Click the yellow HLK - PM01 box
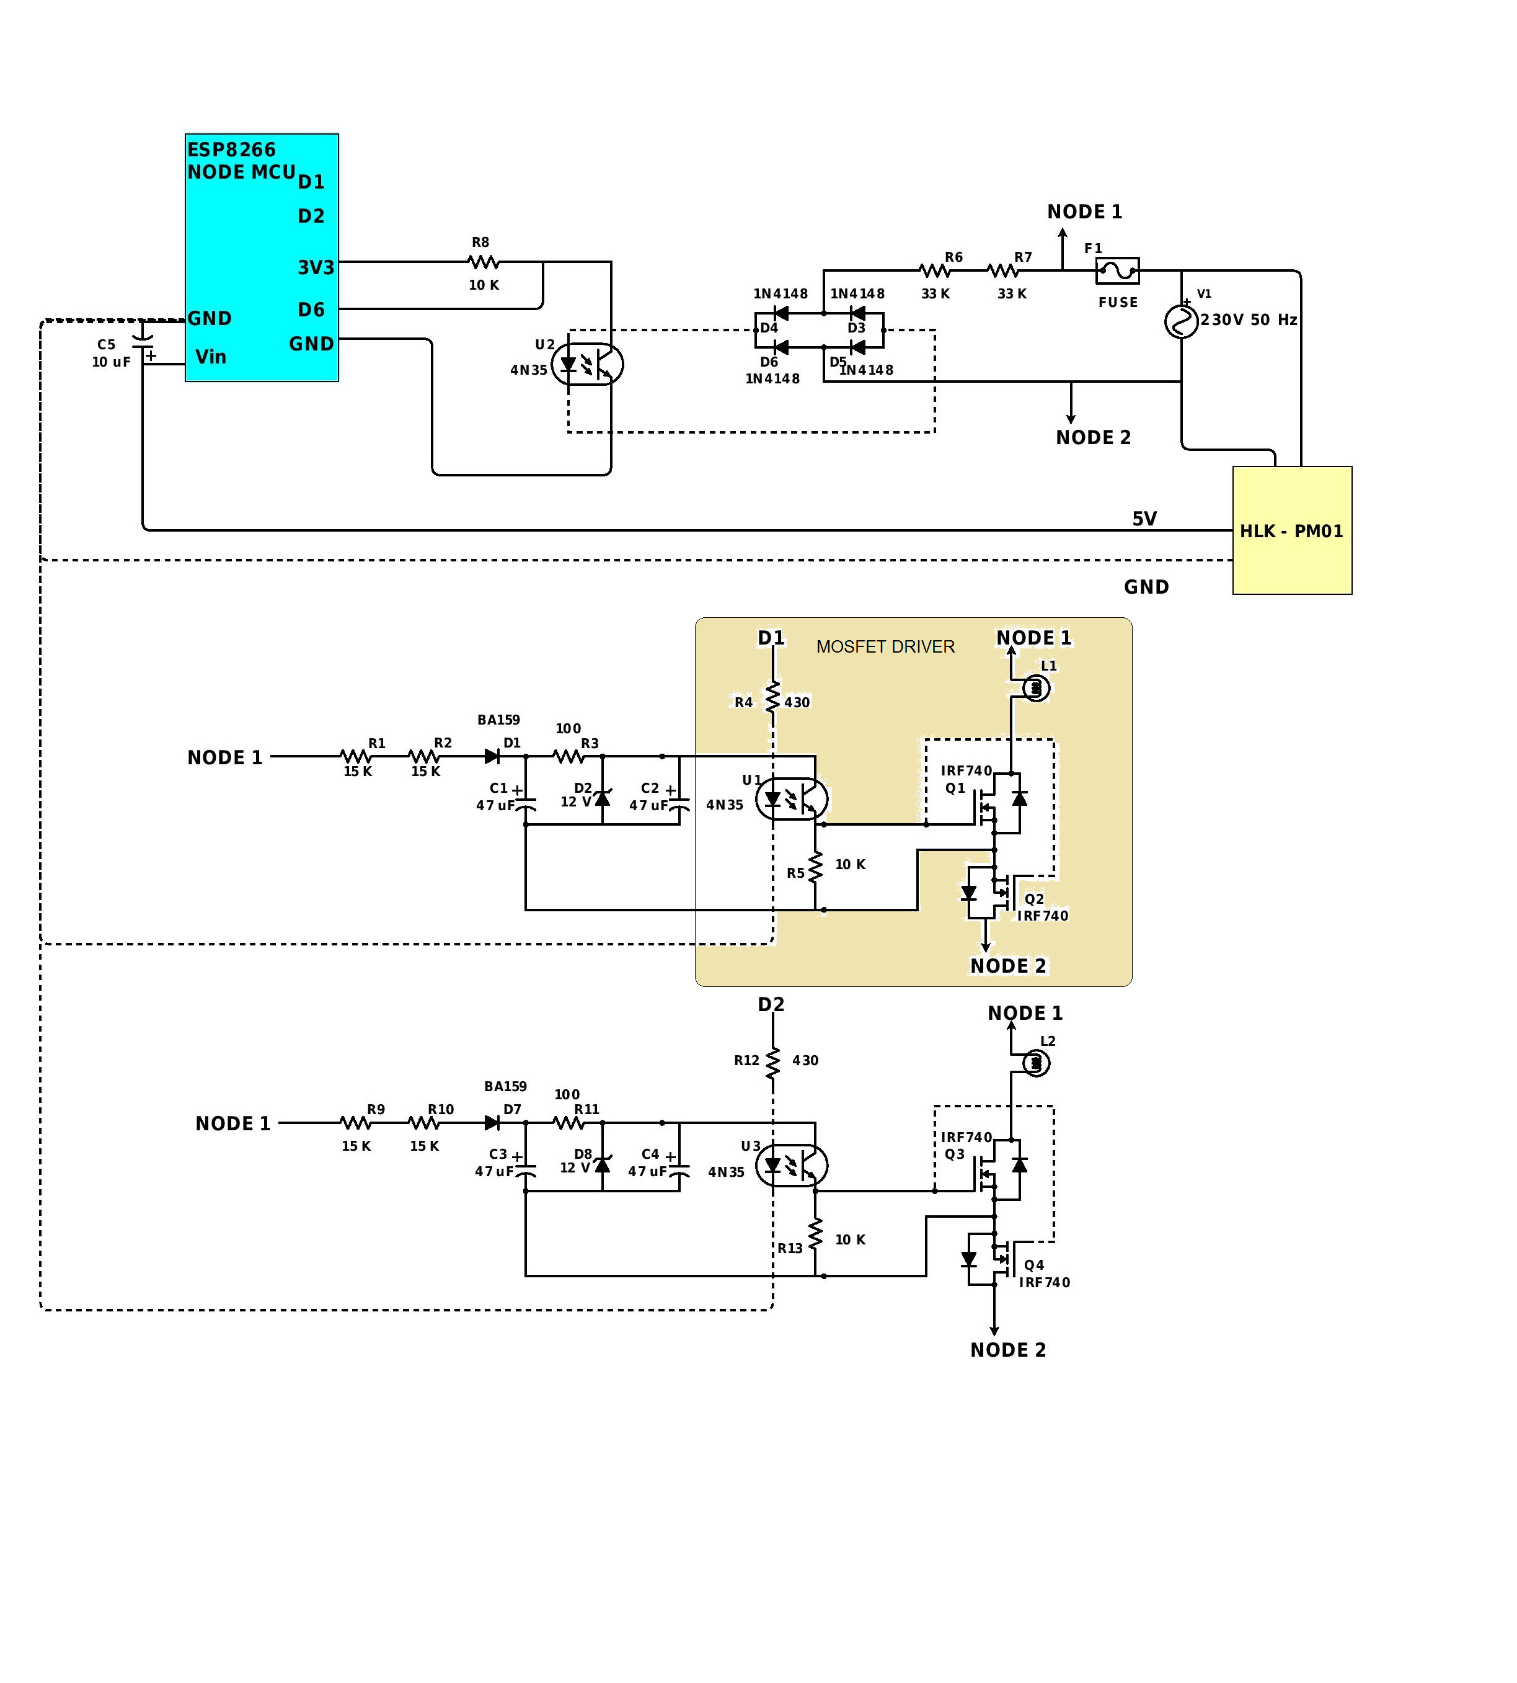pyautogui.click(x=1291, y=530)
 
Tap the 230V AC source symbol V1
pyautogui.click(x=1180, y=321)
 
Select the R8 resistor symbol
pyautogui.click(x=484, y=262)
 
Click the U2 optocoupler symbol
pyautogui.click(x=588, y=365)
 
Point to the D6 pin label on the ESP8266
pyautogui.click(x=311, y=310)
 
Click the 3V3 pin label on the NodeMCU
pyautogui.click(x=316, y=268)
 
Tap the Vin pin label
pyautogui.click(x=210, y=357)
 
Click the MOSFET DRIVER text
pyautogui.click(x=885, y=646)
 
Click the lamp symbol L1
pyautogui.click(x=1035, y=688)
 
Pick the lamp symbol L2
pyautogui.click(x=1035, y=1063)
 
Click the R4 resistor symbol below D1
pyautogui.click(x=772, y=697)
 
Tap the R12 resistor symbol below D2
pyautogui.click(x=772, y=1061)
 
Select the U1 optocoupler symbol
pyautogui.click(x=791, y=799)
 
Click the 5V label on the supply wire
pyautogui.click(x=1144, y=519)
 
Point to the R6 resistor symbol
pyautogui.click(x=934, y=270)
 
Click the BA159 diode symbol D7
pyautogui.click(x=493, y=1123)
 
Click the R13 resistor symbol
pyautogui.click(x=815, y=1233)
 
